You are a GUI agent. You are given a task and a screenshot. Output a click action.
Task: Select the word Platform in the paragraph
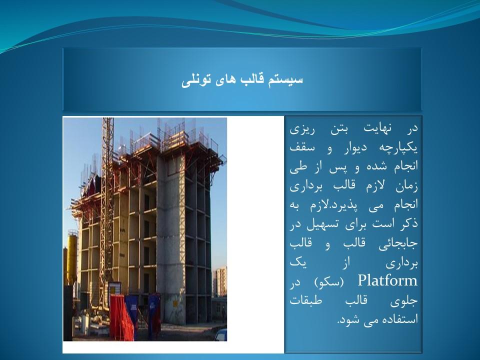tap(387, 280)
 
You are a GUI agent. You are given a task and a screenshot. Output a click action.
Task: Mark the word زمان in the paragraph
tap(407, 186)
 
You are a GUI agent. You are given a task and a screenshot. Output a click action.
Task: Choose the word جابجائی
tap(398, 244)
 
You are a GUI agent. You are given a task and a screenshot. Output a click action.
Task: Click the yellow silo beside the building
tap(71, 257)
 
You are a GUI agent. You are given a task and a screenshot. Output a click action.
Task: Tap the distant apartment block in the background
tap(220, 281)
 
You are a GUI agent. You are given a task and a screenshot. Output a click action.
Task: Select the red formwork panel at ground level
tap(123, 317)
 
